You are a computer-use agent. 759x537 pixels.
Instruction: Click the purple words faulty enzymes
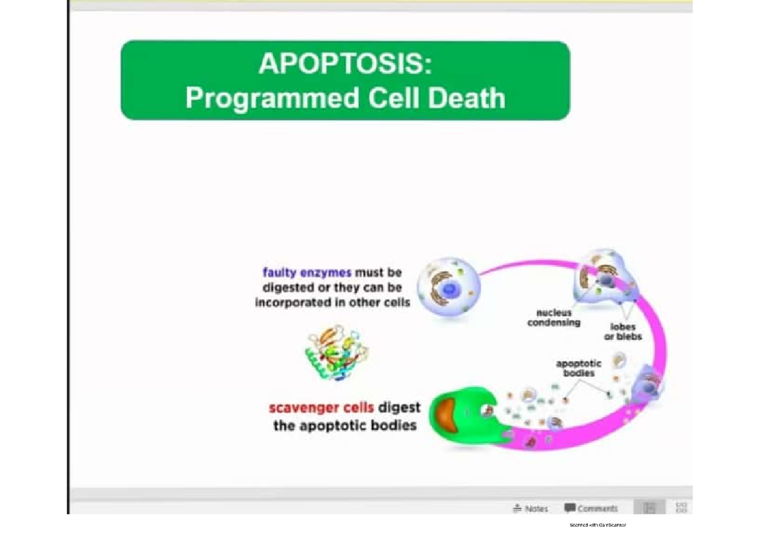pyautogui.click(x=307, y=273)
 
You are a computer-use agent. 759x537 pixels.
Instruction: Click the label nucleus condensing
pyautogui.click(x=553, y=317)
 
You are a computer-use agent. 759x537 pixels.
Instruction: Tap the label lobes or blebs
pyautogui.click(x=622, y=332)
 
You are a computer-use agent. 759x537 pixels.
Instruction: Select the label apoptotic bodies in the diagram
pyautogui.click(x=579, y=368)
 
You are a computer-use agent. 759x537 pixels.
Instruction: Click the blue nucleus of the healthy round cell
pyautogui.click(x=450, y=289)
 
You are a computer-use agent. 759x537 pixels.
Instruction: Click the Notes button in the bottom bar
pyautogui.click(x=531, y=508)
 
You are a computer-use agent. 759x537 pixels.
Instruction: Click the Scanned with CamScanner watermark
pyautogui.click(x=597, y=525)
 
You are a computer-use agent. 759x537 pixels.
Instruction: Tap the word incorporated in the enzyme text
pyautogui.click(x=300, y=302)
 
